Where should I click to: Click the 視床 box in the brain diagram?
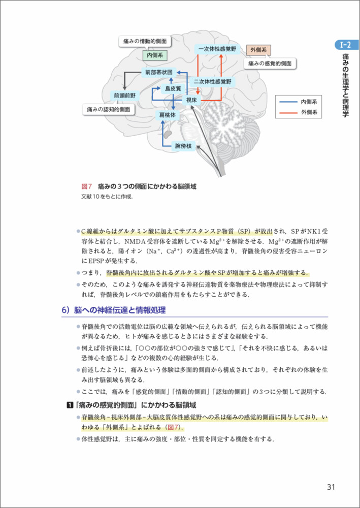pyautogui.click(x=191, y=100)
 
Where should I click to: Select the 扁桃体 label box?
pyautogui.click(x=168, y=116)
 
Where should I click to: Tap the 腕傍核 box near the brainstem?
pyautogui.click(x=183, y=146)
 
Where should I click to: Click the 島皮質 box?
pyautogui.click(x=173, y=88)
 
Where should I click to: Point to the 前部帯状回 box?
pyautogui.click(x=158, y=72)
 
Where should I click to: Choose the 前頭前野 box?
pyautogui.click(x=125, y=95)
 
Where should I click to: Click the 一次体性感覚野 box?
pyautogui.click(x=216, y=49)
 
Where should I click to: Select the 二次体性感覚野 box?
pyautogui.click(x=212, y=81)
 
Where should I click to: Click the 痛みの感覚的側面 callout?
pyautogui.click(x=270, y=63)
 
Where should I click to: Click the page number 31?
pyautogui.click(x=331, y=487)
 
